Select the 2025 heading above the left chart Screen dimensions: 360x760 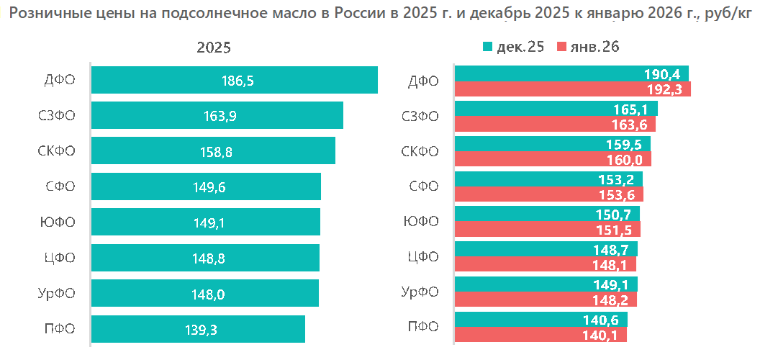[x=214, y=48]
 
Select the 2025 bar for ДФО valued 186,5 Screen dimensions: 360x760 [x=235, y=80]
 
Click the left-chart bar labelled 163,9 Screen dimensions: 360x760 [x=217, y=115]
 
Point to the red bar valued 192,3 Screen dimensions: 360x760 [x=573, y=89]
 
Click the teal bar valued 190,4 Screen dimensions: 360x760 [x=571, y=73]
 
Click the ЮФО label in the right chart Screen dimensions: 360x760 [x=422, y=222]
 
